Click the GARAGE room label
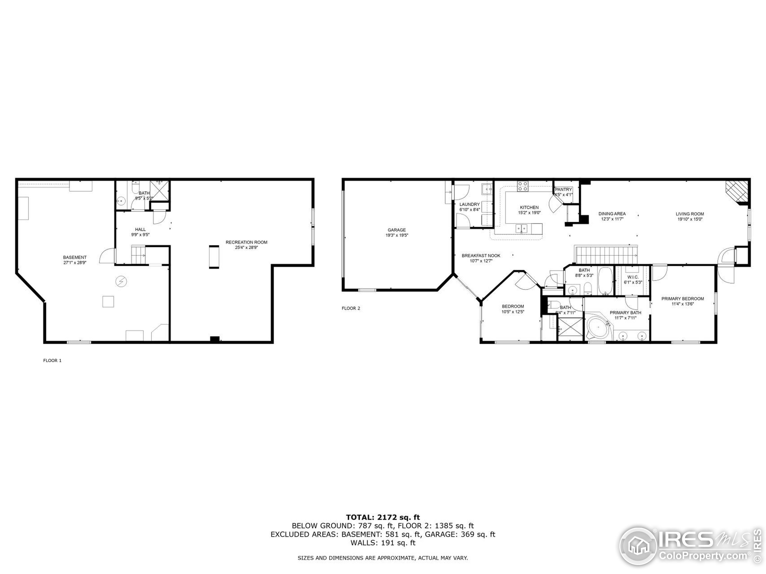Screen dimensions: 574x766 [396, 230]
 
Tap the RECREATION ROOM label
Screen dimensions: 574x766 [246, 242]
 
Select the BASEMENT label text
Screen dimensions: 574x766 [75, 257]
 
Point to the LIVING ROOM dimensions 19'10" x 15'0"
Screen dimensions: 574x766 [689, 219]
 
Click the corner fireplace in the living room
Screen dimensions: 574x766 [737, 192]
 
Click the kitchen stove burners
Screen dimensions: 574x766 [522, 187]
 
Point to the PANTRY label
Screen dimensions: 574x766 [563, 190]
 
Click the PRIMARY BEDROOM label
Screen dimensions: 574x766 [683, 299]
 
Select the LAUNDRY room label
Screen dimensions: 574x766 [469, 204]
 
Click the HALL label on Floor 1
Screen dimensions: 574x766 [140, 229]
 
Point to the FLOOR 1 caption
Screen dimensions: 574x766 [52, 361]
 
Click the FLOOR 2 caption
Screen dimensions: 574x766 [351, 308]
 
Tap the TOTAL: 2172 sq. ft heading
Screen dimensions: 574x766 [383, 517]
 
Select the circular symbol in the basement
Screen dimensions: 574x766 [121, 282]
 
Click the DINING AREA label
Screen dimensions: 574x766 [612, 214]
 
